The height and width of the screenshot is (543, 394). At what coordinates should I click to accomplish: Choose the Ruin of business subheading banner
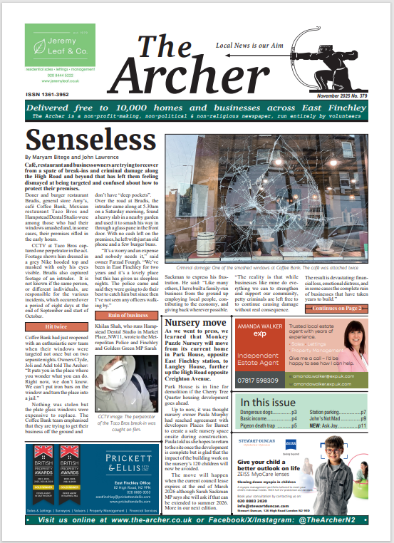(123, 295)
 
